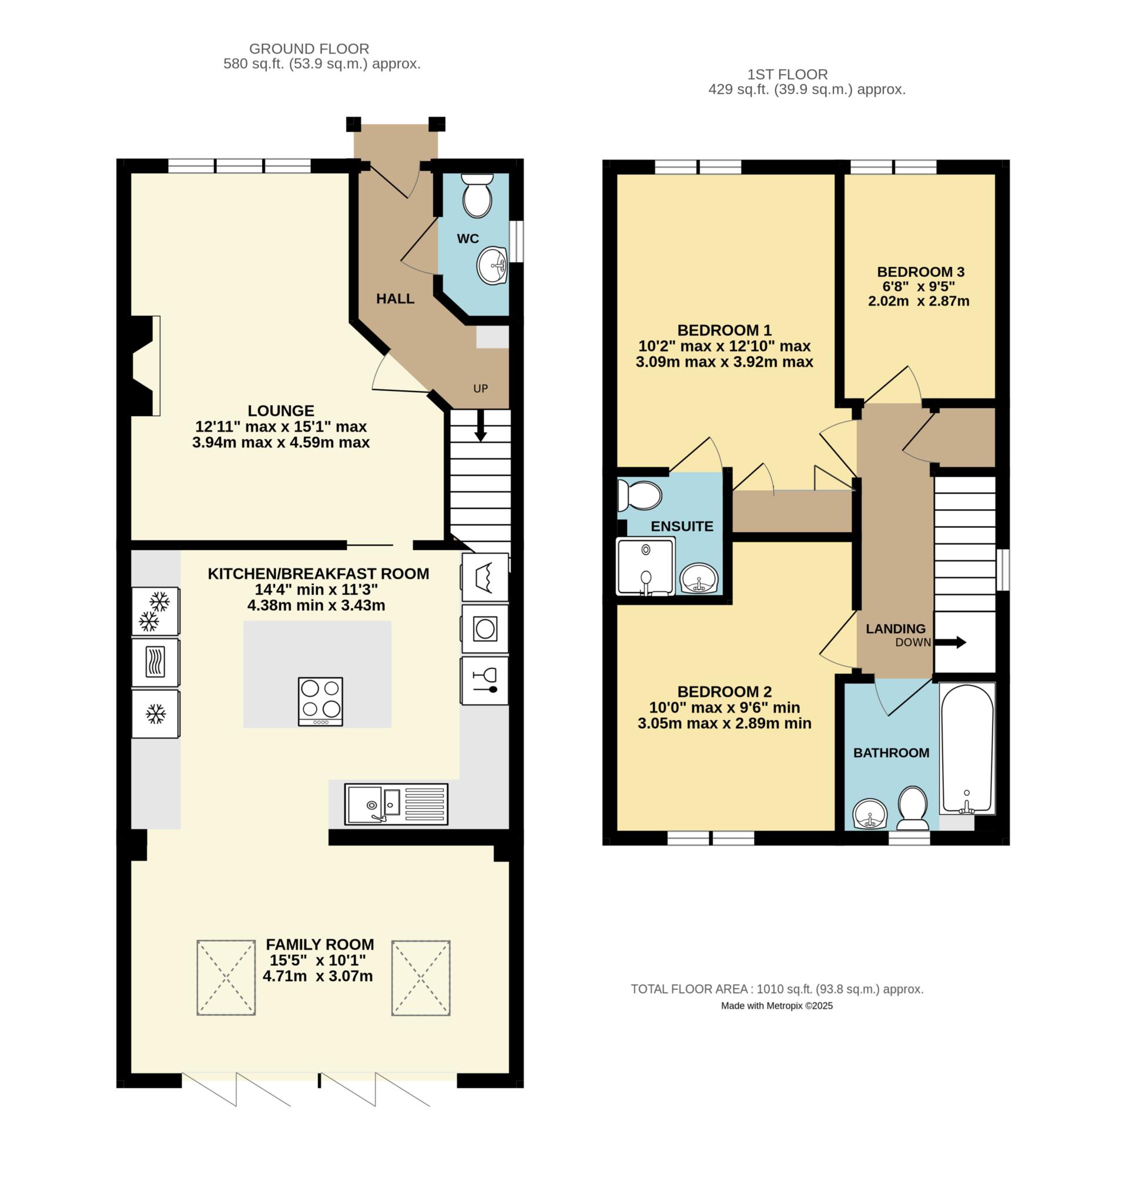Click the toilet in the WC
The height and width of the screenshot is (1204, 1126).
pyautogui.click(x=477, y=195)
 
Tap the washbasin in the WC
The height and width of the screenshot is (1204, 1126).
pyautogui.click(x=491, y=265)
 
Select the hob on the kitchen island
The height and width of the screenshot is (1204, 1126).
pyautogui.click(x=320, y=701)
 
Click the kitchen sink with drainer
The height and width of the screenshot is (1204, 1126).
pyautogui.click(x=396, y=804)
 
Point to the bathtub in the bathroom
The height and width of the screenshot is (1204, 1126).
pyautogui.click(x=967, y=748)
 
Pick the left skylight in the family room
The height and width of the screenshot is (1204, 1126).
pyautogui.click(x=226, y=978)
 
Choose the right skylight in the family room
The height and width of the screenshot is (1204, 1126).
pyautogui.click(x=421, y=978)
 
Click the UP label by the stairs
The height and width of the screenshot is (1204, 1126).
pyautogui.click(x=481, y=388)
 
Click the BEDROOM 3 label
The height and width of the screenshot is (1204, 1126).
pyautogui.click(x=920, y=272)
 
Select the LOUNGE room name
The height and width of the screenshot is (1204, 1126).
pyautogui.click(x=281, y=410)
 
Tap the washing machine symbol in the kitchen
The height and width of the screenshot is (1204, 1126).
pyautogui.click(x=485, y=629)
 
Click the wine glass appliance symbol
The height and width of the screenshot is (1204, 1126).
pyautogui.click(x=485, y=681)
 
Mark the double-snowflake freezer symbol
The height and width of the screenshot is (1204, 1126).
pyautogui.click(x=155, y=610)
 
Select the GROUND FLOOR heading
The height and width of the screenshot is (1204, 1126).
pyautogui.click(x=309, y=48)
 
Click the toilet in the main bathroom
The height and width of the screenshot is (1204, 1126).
pyautogui.click(x=912, y=808)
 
